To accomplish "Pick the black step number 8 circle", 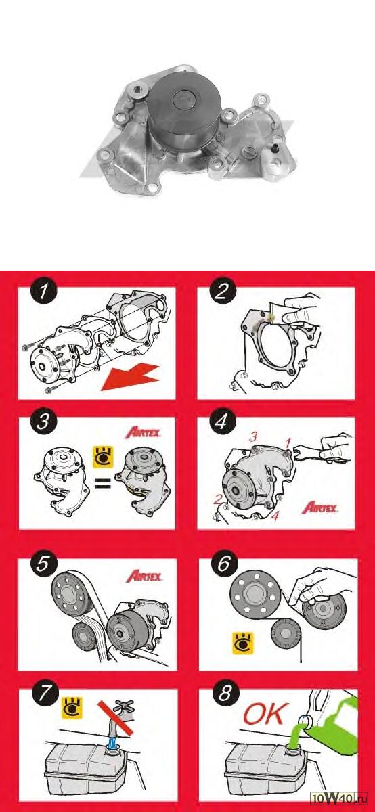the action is tap(225, 693).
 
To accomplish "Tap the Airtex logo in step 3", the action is tap(143, 433).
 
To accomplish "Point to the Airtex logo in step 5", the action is tap(144, 576).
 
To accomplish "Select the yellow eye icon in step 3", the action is tap(104, 456).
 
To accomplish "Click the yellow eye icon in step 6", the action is tap(243, 643).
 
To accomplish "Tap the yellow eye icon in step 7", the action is tap(72, 708).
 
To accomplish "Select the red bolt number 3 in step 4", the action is tap(252, 437).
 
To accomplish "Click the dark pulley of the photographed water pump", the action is tap(184, 108).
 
